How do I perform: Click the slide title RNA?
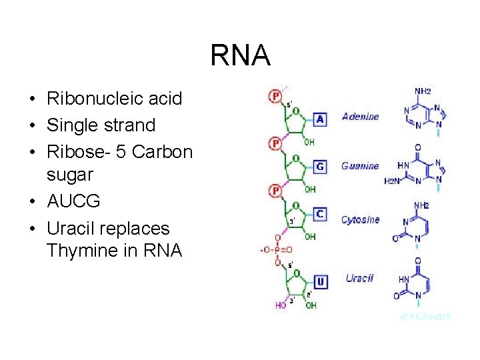pyautogui.click(x=240, y=55)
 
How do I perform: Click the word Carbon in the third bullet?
pyautogui.click(x=163, y=151)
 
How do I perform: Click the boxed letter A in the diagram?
pyautogui.click(x=320, y=119)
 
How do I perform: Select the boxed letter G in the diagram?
pyautogui.click(x=320, y=167)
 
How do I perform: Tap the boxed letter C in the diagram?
pyautogui.click(x=320, y=214)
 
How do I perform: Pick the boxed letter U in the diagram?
pyautogui.click(x=321, y=281)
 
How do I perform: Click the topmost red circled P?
pyautogui.click(x=275, y=97)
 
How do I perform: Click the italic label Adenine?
pyautogui.click(x=360, y=117)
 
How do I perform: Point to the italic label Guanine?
pyautogui.click(x=360, y=166)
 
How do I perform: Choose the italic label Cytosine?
pyautogui.click(x=360, y=219)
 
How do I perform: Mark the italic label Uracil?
pyautogui.click(x=359, y=278)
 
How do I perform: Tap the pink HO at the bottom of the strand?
pyautogui.click(x=280, y=305)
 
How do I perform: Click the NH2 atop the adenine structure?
pyautogui.click(x=423, y=91)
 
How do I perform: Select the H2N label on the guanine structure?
pyautogui.click(x=393, y=181)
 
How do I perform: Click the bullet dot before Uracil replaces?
pyautogui.click(x=32, y=229)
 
